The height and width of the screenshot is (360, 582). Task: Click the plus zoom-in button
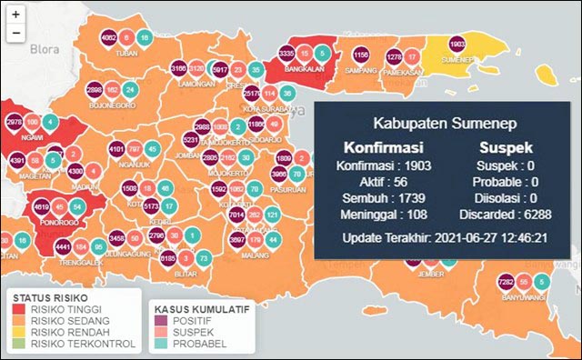(x=16, y=15)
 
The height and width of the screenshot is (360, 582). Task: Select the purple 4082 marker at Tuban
(x=109, y=38)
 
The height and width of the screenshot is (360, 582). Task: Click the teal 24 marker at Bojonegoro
(x=130, y=90)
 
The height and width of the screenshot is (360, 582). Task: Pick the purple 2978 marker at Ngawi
(x=14, y=122)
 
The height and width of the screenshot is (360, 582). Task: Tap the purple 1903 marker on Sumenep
(x=457, y=45)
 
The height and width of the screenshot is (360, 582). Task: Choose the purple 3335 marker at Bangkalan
(x=286, y=55)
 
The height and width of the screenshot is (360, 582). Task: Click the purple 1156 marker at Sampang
(x=360, y=55)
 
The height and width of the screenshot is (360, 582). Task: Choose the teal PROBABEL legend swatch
(x=162, y=344)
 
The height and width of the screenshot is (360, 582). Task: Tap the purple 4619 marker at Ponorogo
(x=41, y=208)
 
